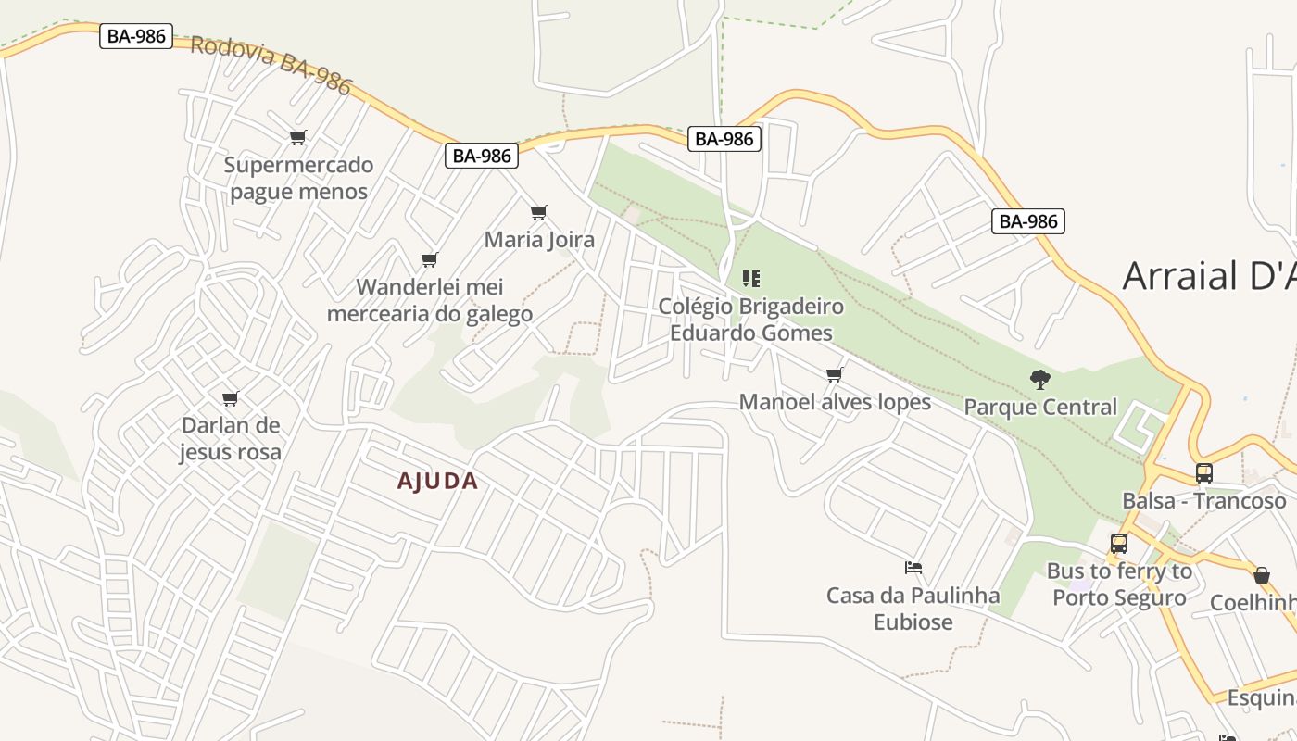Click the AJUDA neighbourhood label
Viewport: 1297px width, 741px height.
click(x=437, y=481)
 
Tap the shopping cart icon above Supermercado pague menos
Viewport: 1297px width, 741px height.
click(x=297, y=138)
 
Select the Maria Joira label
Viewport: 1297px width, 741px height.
click(x=539, y=240)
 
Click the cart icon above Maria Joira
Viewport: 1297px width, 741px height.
click(x=539, y=212)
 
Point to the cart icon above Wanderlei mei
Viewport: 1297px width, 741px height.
click(x=429, y=259)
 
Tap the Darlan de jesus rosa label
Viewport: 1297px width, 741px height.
click(x=230, y=438)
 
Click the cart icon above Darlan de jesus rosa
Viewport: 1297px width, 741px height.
click(x=230, y=398)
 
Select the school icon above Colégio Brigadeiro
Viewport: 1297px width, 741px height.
click(x=751, y=278)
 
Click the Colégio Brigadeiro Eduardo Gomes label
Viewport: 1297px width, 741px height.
click(x=751, y=320)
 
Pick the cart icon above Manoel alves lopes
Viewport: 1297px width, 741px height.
click(x=834, y=374)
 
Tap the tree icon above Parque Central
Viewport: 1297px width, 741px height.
click(x=1039, y=379)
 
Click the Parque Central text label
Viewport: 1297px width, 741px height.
click(x=1040, y=407)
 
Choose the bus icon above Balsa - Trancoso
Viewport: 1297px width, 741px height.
click(x=1203, y=473)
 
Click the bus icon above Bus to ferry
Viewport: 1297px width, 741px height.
click(x=1118, y=544)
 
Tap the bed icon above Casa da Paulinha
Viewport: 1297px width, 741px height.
click(x=913, y=568)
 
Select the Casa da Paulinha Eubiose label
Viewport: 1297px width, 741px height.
click(x=913, y=608)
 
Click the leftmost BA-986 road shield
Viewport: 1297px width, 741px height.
click(x=136, y=36)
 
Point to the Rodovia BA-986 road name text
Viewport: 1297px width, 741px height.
click(x=271, y=65)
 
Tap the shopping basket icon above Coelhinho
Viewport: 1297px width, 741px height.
click(x=1261, y=575)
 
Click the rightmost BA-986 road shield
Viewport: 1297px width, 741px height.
click(x=1027, y=221)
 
